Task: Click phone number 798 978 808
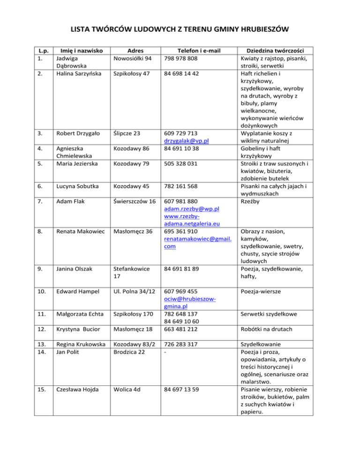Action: (180, 59)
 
